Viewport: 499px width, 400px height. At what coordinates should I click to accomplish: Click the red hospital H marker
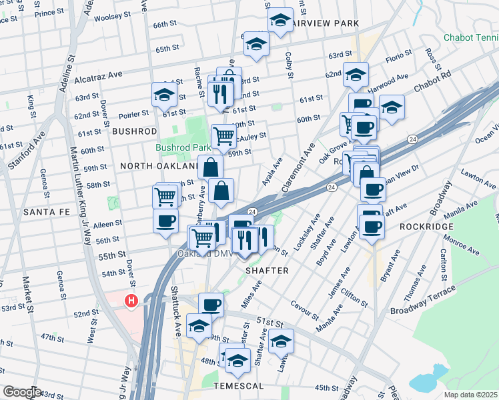(x=131, y=301)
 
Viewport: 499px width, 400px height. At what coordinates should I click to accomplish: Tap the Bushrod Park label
(x=179, y=147)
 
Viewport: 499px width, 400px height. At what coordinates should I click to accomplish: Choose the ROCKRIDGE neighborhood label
(x=427, y=227)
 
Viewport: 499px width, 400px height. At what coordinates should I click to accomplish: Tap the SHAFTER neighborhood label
(x=267, y=271)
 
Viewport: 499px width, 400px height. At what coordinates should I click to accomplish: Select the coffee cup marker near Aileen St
(x=165, y=221)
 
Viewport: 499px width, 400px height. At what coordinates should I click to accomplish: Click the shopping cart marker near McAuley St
(x=224, y=136)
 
